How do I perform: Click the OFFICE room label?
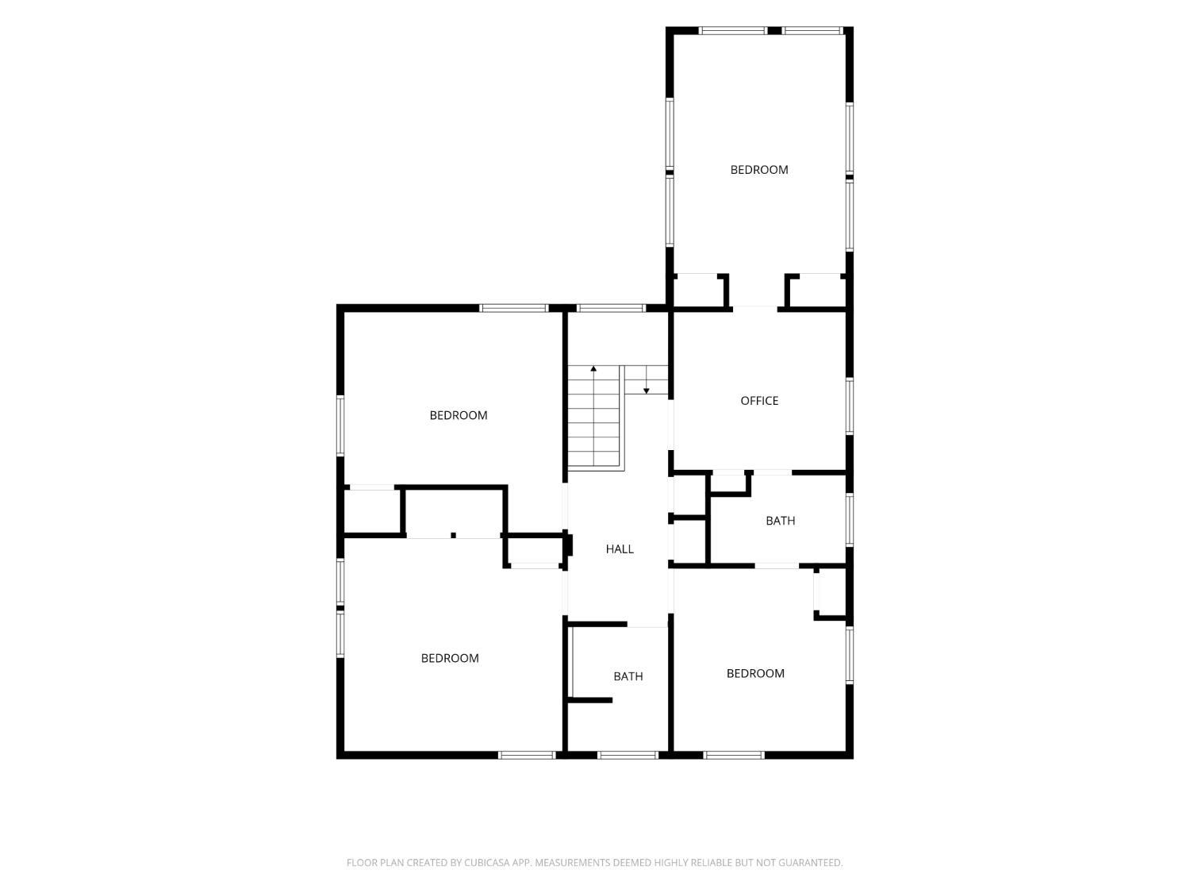coord(759,401)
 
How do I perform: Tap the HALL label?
coord(620,549)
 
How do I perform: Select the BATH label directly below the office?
coord(780,521)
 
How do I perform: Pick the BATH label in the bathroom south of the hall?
coord(628,676)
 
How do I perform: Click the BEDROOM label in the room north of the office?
coord(759,170)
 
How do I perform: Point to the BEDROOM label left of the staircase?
coord(458,415)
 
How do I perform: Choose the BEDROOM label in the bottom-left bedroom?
coord(450,658)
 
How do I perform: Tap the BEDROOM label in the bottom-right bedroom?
coord(755,673)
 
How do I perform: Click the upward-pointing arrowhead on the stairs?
coord(593,368)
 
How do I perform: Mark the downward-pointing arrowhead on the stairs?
coord(647,391)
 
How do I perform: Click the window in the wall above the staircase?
coord(611,308)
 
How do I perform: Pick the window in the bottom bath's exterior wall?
coord(628,755)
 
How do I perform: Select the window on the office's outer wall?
coord(850,406)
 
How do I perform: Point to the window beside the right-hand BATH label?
coord(850,519)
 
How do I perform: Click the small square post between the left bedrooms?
coord(453,536)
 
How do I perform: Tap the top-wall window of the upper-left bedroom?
coord(514,308)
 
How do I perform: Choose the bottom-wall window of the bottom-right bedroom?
coord(734,755)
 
